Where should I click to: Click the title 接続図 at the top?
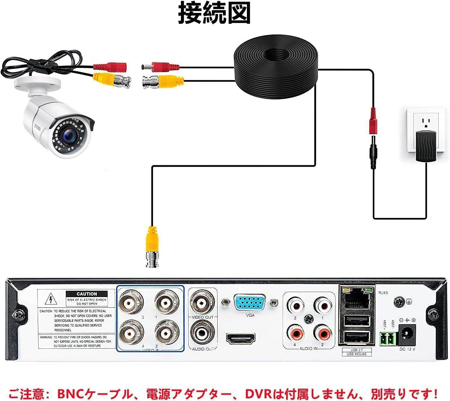pyautogui.click(x=214, y=13)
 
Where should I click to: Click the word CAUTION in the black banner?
pyautogui.click(x=87, y=294)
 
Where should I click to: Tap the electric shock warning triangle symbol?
pyautogui.click(x=51, y=299)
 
